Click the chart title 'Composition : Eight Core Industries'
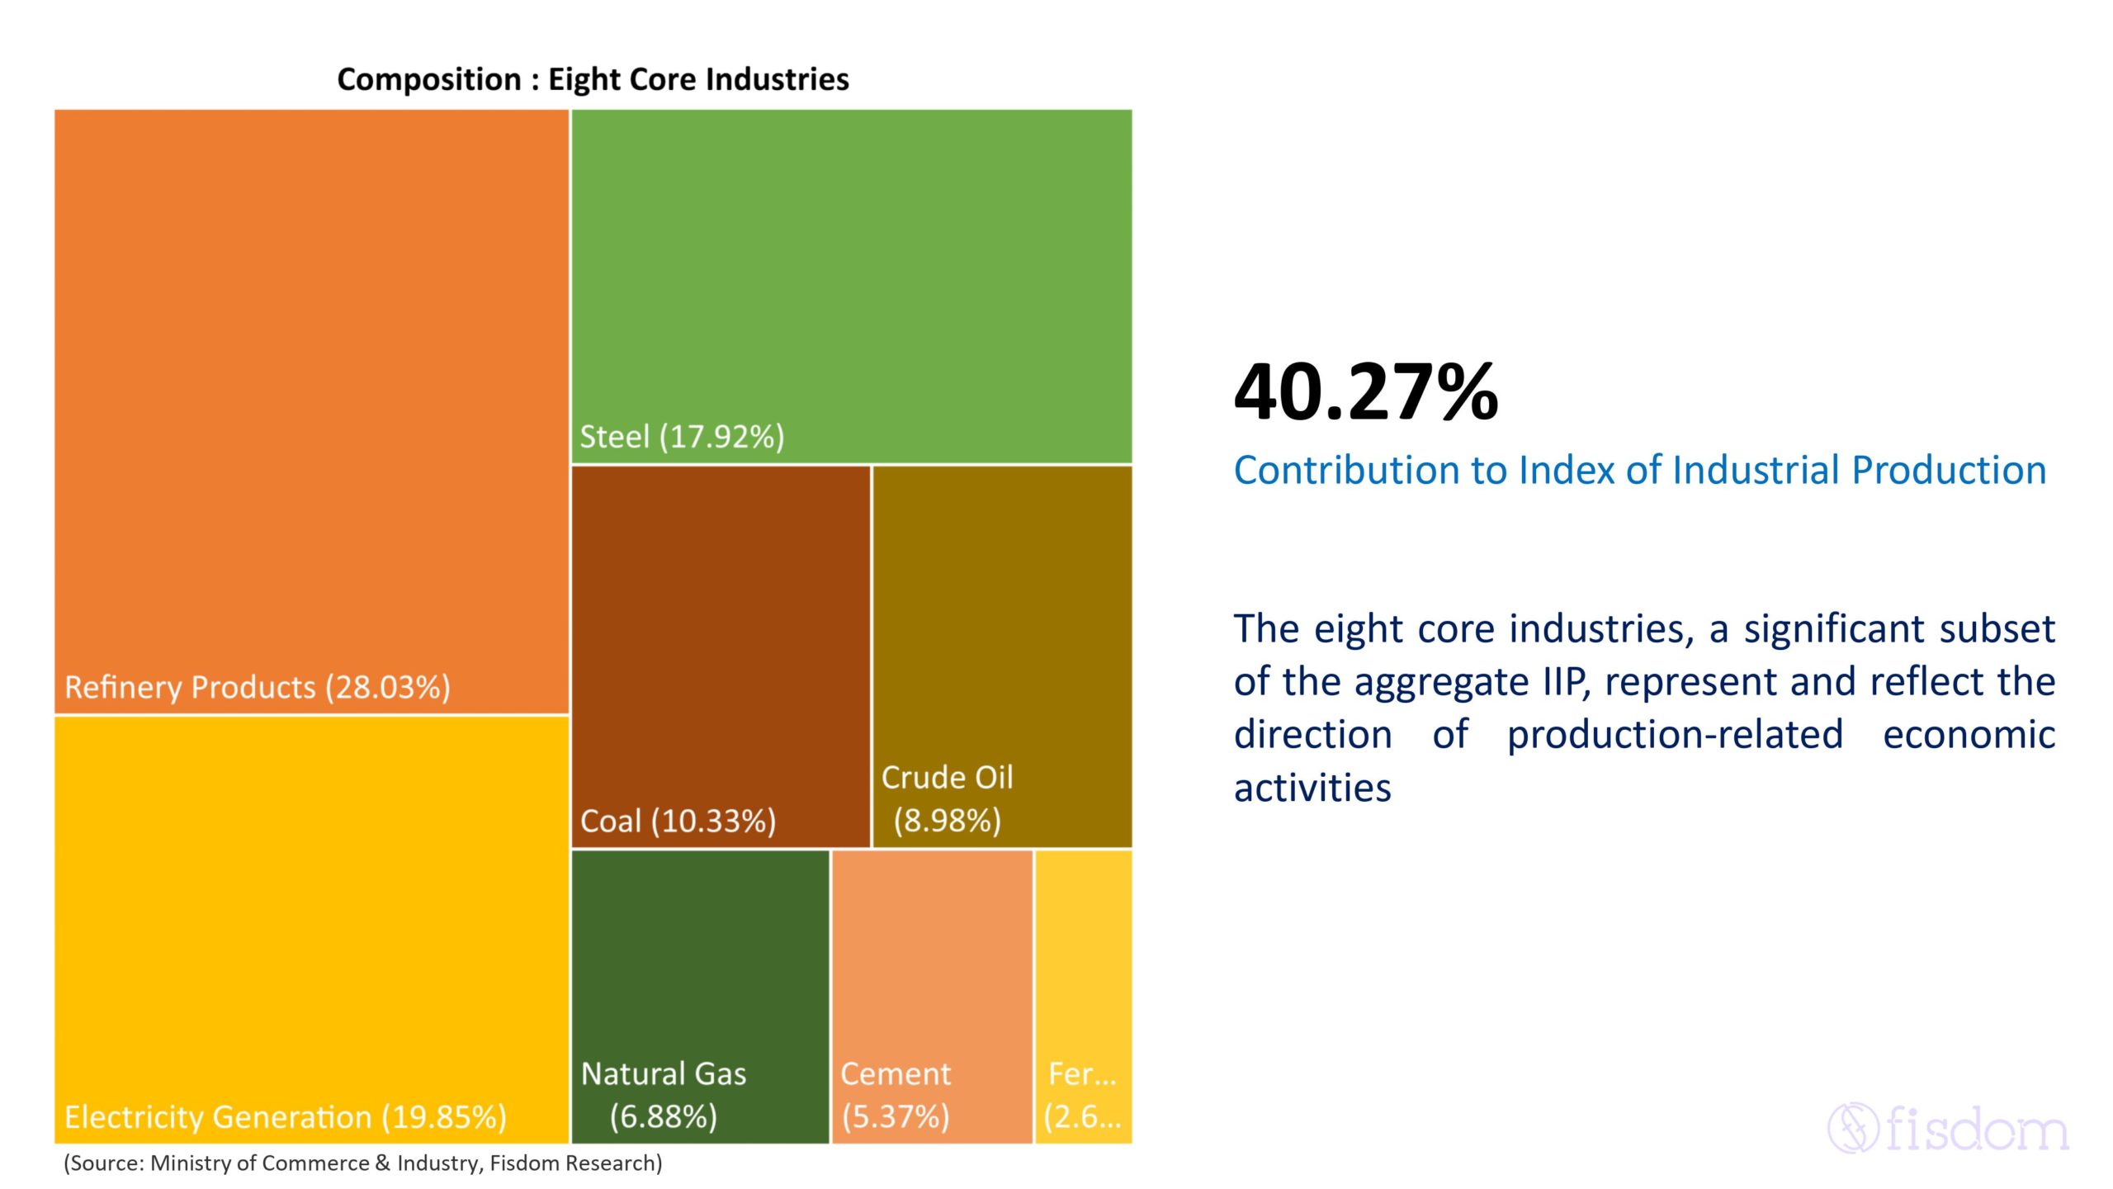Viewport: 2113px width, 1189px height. [x=593, y=79]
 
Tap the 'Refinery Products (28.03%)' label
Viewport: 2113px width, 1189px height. [x=258, y=687]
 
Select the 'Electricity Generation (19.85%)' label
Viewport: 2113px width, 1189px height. [x=286, y=1117]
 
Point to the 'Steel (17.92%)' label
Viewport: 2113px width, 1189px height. [x=682, y=437]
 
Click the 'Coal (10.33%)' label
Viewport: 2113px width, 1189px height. [x=678, y=822]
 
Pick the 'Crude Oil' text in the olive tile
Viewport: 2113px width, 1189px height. [x=947, y=778]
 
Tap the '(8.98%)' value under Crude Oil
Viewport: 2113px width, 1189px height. [x=947, y=821]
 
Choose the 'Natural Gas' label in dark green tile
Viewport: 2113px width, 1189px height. [x=664, y=1074]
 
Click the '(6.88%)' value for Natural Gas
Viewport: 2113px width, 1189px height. [x=664, y=1117]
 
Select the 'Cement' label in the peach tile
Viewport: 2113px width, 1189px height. [x=896, y=1074]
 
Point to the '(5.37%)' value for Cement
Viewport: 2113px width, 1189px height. [x=896, y=1117]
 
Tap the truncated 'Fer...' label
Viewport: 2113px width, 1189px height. [x=1082, y=1074]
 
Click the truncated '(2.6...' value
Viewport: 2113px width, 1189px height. [x=1082, y=1117]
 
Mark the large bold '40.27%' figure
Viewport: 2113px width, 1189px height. [x=1365, y=393]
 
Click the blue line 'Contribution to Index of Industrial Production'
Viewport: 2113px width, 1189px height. [x=1639, y=471]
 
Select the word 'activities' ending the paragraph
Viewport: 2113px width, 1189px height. [x=1312, y=788]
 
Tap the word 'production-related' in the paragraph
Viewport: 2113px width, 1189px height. [x=1675, y=735]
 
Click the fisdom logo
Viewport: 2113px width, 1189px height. [x=1948, y=1128]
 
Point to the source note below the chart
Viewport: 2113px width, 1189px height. [x=363, y=1163]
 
